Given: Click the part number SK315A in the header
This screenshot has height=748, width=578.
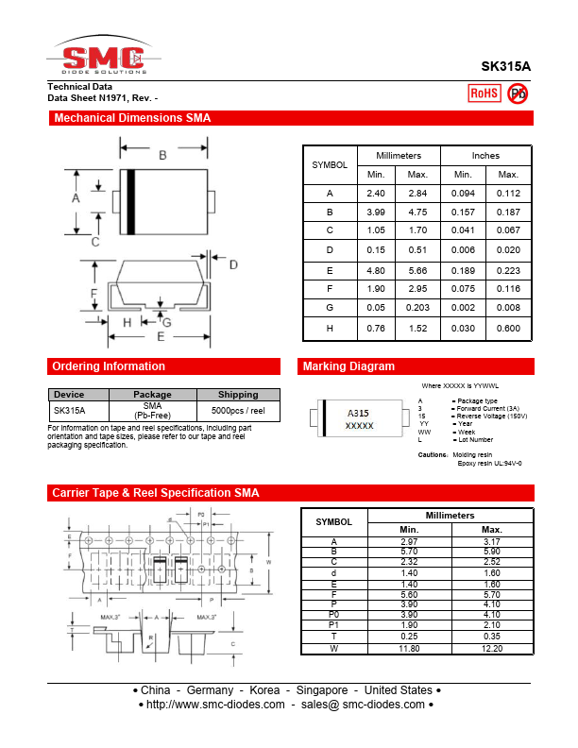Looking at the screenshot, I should click(x=505, y=67).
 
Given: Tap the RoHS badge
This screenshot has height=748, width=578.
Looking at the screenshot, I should click(x=484, y=93).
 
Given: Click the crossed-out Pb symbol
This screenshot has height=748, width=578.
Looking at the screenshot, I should click(x=518, y=93).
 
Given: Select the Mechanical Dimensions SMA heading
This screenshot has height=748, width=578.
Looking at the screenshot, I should click(x=132, y=118).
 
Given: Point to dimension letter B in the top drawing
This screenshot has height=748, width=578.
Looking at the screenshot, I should click(x=162, y=155).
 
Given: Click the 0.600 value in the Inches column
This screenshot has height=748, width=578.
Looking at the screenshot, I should click(x=508, y=328).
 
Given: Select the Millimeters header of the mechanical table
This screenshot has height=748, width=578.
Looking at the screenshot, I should click(x=399, y=155).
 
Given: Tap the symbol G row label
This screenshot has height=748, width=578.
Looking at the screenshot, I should click(x=330, y=308).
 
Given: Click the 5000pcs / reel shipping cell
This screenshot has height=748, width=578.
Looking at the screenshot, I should click(x=238, y=411).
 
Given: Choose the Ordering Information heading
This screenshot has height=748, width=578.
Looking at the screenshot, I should click(x=109, y=366).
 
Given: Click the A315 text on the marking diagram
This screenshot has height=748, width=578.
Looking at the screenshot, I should click(x=358, y=414).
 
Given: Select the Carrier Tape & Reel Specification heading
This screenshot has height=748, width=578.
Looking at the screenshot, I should click(x=155, y=493).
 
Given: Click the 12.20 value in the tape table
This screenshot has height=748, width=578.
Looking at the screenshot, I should click(x=492, y=648).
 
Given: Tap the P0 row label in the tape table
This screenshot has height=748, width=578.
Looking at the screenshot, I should click(x=333, y=613).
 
